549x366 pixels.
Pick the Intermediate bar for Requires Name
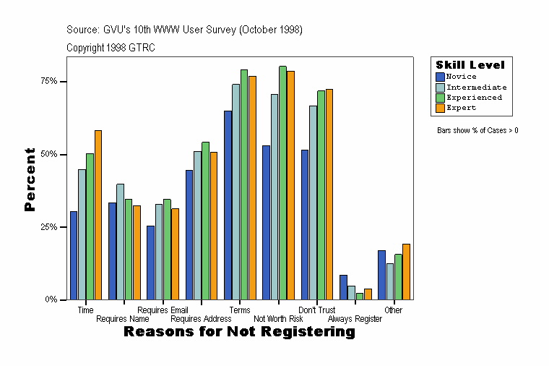pos(120,242)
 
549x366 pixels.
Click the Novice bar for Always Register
pos(343,287)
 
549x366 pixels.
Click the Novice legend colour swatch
pos(441,77)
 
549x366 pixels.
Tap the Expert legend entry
pos(461,108)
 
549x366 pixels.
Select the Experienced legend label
pos(474,97)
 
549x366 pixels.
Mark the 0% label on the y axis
pos(51,299)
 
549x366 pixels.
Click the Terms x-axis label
pos(240,310)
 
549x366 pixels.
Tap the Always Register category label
pos(355,319)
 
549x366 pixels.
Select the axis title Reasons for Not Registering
pos(239,332)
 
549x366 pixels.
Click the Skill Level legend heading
pos(470,65)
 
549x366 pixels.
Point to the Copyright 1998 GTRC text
pos(111,48)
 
